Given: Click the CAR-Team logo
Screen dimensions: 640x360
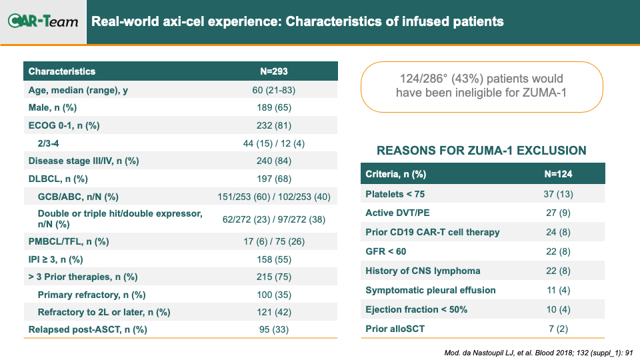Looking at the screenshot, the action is [x=43, y=21].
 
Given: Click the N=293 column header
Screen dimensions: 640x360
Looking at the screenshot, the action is [x=274, y=71].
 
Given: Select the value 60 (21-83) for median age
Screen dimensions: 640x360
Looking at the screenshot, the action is [x=273, y=90].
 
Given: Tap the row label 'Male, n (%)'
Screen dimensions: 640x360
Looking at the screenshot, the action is [x=53, y=108].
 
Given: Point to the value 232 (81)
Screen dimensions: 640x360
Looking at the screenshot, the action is [x=274, y=125].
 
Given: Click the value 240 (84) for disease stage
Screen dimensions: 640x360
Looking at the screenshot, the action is [x=274, y=161].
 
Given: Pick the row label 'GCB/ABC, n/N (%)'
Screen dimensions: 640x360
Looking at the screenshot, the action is [x=78, y=197].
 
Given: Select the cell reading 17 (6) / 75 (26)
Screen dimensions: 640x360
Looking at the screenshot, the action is [x=274, y=241].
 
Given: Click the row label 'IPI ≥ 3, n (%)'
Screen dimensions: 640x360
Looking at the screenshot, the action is [x=55, y=259].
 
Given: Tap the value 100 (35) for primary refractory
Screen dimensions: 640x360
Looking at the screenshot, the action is [x=274, y=295].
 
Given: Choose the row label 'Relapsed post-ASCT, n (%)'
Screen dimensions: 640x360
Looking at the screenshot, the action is [x=88, y=330].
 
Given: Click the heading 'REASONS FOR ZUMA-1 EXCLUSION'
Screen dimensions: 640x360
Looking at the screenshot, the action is [x=481, y=151].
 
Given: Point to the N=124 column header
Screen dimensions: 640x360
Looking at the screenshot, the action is [x=558, y=174].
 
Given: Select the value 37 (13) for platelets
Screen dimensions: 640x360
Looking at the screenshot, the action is [x=558, y=194].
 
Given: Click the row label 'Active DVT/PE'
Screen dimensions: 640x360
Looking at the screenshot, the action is [x=397, y=213].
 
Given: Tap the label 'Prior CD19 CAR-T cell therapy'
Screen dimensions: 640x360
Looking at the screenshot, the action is [x=432, y=232].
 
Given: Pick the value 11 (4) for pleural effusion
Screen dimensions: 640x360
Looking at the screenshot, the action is [x=558, y=290].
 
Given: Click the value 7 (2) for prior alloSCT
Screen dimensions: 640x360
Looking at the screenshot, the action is [x=558, y=329].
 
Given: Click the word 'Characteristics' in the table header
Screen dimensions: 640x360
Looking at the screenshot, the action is [x=61, y=71].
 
